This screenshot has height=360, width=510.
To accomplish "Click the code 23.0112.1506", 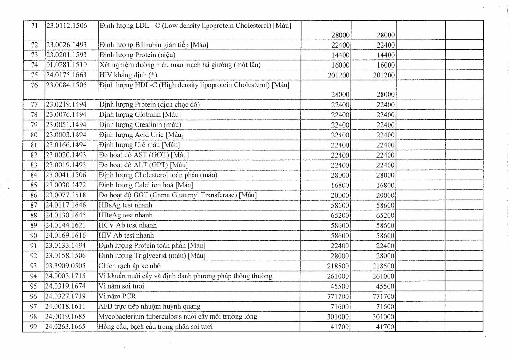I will point(67,26).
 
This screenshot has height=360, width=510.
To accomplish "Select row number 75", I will point(34,75).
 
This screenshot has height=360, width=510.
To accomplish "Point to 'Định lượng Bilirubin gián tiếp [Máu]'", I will point(154,45).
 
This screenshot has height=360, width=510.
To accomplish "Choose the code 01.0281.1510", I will point(67,65).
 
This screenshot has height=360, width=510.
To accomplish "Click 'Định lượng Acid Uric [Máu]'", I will point(141,135).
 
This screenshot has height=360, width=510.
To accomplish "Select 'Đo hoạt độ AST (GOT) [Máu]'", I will point(144,155).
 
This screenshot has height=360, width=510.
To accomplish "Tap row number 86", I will point(34,195).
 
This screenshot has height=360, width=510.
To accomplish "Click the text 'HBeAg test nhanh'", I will point(126,215).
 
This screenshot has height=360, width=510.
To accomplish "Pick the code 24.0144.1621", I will point(66,225).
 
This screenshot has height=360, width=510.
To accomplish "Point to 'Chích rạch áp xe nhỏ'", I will point(129,266).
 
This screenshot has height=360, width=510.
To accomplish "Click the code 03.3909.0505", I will point(66,266).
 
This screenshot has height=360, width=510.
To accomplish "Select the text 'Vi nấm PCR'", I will point(117,296).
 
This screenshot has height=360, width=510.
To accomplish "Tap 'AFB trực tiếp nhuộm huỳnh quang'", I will point(149,306).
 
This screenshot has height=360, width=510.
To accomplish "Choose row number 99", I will point(33,327).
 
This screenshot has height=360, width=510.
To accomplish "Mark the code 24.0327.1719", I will point(66,296).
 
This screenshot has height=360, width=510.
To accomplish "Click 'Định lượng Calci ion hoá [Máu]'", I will point(146,185).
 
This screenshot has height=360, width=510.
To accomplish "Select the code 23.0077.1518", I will point(66,195).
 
